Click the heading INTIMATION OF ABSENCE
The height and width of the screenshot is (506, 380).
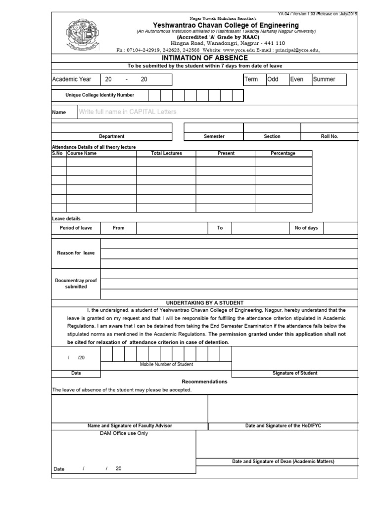pos(204,58)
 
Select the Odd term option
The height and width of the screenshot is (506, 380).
pos(273,80)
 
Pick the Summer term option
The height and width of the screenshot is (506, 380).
pos(324,80)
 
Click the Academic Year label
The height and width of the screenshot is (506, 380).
pos(72,80)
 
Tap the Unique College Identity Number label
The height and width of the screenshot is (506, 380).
pos(99,95)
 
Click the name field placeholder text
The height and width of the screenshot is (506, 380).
pos(127,112)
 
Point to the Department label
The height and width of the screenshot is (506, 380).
pos(111,136)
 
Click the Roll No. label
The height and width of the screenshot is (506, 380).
pos(330,136)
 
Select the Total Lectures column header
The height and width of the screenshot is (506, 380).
pos(166,153)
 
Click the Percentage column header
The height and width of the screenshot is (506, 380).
pos(283,153)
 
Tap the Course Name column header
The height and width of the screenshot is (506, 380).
pos(82,153)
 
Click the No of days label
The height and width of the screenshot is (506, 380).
pos(306,228)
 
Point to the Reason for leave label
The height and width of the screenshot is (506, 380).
pos(76,253)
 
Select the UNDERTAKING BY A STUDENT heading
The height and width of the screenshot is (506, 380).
pos(204,302)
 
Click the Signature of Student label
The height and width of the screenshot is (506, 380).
pos(295,373)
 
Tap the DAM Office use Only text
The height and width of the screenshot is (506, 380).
pos(124,433)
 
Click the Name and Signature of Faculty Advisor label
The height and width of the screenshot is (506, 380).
pos(130,425)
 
